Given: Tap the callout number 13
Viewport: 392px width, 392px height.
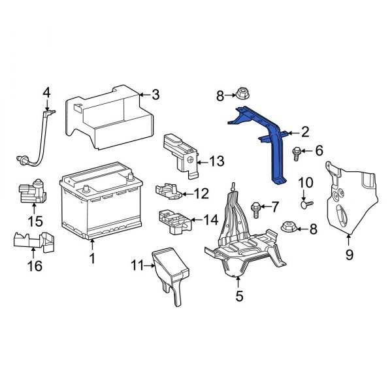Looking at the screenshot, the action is (x=216, y=161).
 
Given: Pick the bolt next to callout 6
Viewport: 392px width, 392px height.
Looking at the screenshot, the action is (x=296, y=154).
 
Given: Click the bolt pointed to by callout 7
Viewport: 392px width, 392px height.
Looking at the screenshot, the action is (x=256, y=210).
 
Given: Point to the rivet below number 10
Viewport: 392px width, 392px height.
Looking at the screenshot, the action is (x=306, y=204).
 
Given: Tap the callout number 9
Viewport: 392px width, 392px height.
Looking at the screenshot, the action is (x=350, y=255).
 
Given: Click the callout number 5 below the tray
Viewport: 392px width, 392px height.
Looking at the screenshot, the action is (x=239, y=296).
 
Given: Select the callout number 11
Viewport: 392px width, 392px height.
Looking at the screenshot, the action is (x=137, y=265).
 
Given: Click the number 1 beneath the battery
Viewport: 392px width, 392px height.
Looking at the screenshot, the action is (x=93, y=258).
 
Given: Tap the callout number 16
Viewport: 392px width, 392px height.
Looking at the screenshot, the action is (x=35, y=266).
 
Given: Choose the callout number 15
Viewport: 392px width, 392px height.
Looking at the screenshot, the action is (x=35, y=221).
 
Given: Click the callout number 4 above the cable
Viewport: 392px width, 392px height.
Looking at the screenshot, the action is (x=47, y=93).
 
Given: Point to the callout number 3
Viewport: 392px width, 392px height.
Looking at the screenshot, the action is (x=155, y=95).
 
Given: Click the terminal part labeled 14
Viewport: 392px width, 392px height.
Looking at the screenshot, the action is (x=175, y=221).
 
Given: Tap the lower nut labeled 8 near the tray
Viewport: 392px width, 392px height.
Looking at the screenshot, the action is (x=289, y=227).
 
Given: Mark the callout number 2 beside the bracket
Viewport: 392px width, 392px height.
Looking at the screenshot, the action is (x=305, y=132).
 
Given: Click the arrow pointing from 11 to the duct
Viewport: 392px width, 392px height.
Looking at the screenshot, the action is (x=150, y=266).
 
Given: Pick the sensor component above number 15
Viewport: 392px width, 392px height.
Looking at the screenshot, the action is (x=32, y=191).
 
